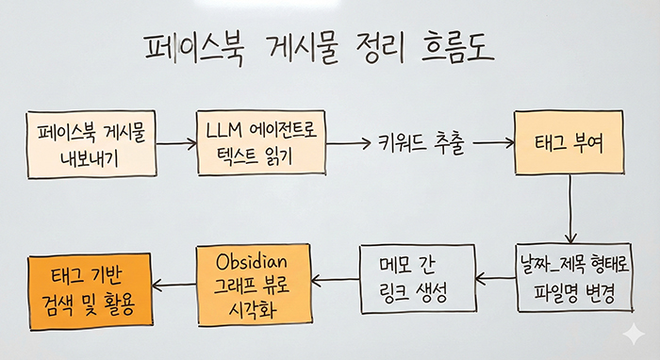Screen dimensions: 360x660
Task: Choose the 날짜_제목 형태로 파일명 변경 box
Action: point(569,279)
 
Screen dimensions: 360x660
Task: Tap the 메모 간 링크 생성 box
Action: point(414,279)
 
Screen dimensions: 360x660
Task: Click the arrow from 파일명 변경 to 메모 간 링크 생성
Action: point(494,280)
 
